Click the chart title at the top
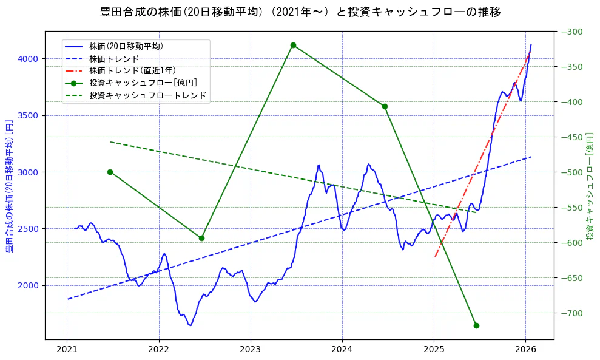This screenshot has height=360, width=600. (300, 12)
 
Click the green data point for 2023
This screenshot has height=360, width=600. (293, 45)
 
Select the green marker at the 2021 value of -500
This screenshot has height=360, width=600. (110, 172)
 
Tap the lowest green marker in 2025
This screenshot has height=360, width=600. (476, 325)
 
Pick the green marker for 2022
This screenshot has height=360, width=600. (201, 238)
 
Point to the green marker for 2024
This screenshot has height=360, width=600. (385, 106)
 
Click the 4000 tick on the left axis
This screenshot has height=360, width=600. (28, 59)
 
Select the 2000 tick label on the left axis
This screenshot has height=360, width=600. (28, 285)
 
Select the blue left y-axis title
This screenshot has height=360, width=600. (9, 185)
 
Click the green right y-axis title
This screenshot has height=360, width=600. (590, 185)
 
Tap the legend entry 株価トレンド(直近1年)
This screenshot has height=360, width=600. (132, 70)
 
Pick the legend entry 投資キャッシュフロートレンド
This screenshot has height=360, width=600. (147, 95)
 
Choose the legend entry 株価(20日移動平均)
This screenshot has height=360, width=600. (126, 46)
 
